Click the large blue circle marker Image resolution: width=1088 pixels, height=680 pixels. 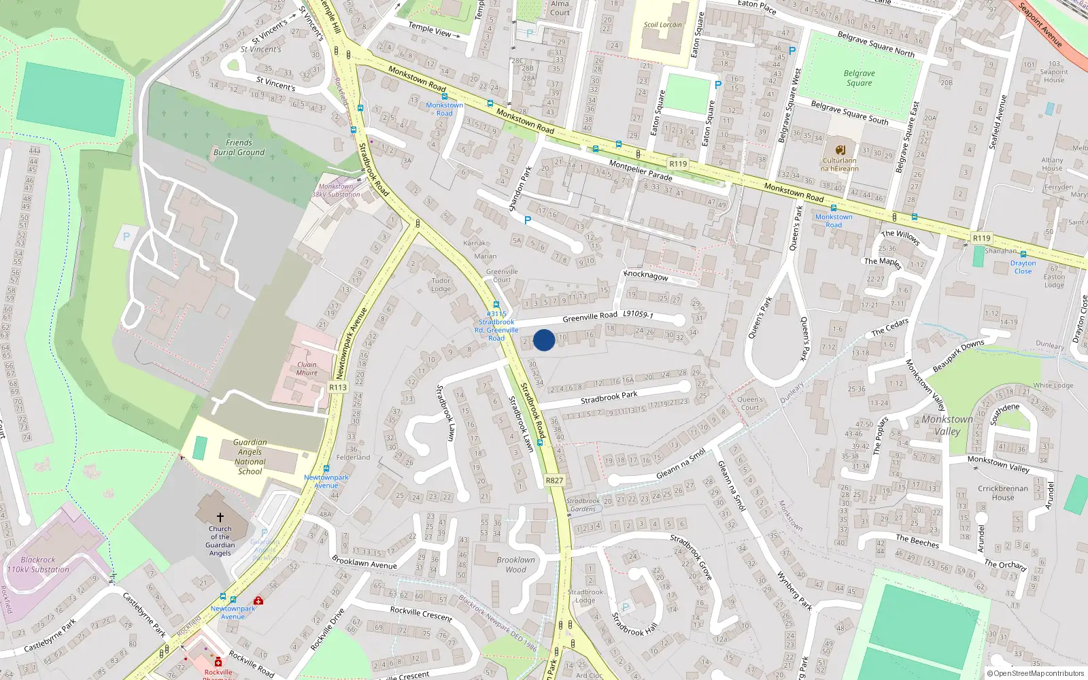[x=544, y=340]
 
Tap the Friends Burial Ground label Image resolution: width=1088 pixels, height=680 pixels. [x=239, y=148]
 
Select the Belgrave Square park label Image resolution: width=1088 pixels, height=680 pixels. [x=859, y=78]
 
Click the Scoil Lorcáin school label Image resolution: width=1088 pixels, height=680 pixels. [x=662, y=24]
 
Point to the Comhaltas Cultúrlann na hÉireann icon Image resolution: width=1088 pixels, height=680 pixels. [x=840, y=150]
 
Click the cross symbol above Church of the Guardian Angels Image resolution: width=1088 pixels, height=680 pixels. [x=220, y=517]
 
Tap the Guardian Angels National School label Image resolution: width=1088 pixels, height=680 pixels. [x=250, y=456]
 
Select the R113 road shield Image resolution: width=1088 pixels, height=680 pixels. [x=337, y=387]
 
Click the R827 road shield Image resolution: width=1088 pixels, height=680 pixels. [x=554, y=480]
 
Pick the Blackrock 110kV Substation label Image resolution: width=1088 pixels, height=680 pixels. [x=38, y=564]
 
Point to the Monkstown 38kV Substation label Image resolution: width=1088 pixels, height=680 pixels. [x=336, y=190]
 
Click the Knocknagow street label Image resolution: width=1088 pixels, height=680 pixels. [x=645, y=275]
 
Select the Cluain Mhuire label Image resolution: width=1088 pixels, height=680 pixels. [x=307, y=369]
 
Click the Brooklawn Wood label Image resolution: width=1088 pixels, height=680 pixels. [x=515, y=564]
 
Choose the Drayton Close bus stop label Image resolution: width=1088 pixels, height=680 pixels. [x=1023, y=267]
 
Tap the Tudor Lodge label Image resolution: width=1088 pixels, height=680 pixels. [x=441, y=284]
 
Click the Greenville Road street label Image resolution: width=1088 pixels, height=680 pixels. [x=590, y=317]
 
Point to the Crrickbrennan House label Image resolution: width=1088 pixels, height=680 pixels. [x=1002, y=492]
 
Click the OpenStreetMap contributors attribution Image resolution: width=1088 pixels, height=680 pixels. [x=1036, y=674]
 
